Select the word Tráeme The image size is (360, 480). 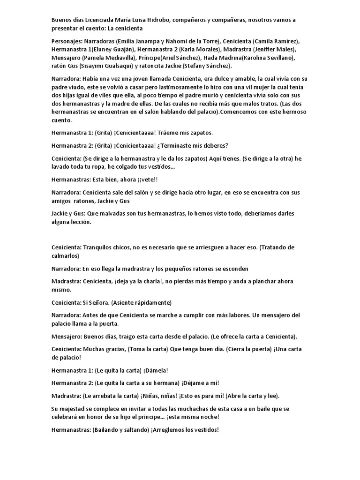pos(174,133)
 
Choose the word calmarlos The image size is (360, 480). pos(66,255)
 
